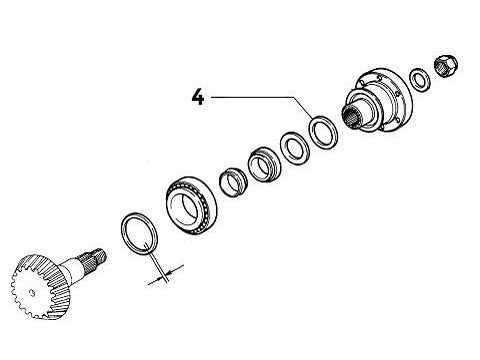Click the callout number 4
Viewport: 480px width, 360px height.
coord(199,98)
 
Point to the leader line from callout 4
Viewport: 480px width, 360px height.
coord(260,97)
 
